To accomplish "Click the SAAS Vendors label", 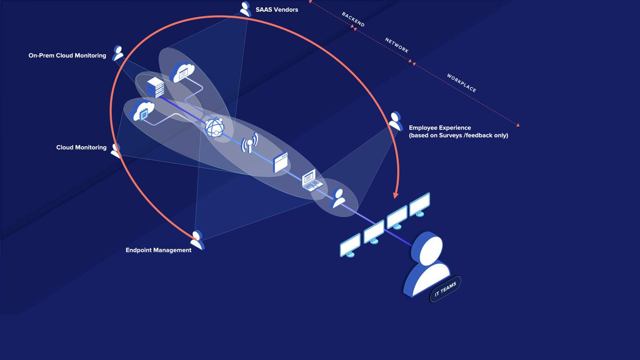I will tap(277, 10).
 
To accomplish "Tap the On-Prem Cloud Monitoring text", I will tap(67, 56).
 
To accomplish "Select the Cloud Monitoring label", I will tap(81, 148).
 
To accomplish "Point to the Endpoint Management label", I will tap(158, 250).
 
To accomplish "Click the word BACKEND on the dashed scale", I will tap(353, 19).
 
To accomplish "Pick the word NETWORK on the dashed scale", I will tap(397, 45).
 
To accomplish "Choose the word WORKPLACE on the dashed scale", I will tap(461, 83).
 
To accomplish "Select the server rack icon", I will tap(155, 87).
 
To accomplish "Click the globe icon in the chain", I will tap(214, 128).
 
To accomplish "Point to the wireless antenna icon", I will tap(250, 143).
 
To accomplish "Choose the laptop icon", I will tap(311, 180).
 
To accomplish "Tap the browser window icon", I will tap(281, 162).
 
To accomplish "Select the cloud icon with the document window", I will tap(182, 73).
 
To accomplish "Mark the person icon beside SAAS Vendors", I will tap(245, 9).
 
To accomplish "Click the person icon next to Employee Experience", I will tap(395, 121).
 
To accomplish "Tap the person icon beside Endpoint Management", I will tap(198, 240).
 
